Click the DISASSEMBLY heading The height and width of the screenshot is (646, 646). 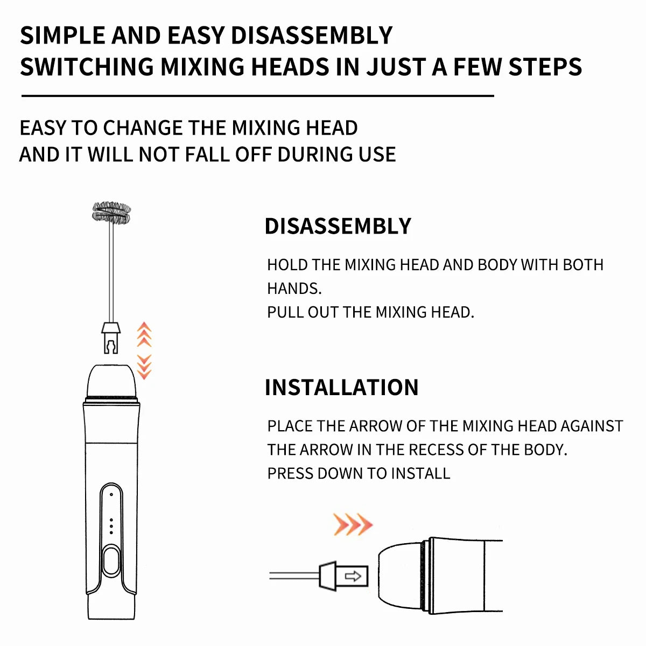(338, 226)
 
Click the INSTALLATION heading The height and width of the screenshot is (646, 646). (341, 388)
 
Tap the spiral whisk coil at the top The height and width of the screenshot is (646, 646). (111, 213)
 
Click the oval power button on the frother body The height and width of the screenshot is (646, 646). (111, 561)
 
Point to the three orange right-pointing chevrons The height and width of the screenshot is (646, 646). (353, 524)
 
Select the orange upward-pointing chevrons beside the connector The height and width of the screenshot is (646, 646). (144, 334)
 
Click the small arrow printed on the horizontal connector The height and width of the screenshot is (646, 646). (353, 577)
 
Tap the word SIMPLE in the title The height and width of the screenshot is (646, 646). (62, 36)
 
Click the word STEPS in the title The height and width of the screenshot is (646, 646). (545, 67)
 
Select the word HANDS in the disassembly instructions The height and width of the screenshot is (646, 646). (293, 289)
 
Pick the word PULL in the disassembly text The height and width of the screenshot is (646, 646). (285, 312)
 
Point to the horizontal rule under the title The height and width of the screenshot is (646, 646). (257, 96)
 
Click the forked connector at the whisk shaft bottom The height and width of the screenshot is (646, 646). (111, 339)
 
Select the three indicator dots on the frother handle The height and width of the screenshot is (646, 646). (111, 526)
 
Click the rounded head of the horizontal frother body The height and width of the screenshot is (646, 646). (401, 576)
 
